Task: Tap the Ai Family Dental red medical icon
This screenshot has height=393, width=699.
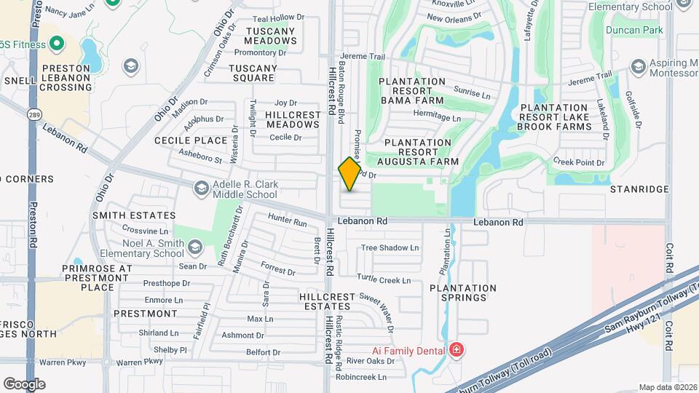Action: [457, 351]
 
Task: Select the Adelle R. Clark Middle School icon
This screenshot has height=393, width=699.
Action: [201, 189]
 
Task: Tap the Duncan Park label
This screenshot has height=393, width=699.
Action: [633, 30]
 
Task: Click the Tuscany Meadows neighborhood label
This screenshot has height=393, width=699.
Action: [271, 36]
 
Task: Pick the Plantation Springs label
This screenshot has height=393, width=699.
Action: [462, 293]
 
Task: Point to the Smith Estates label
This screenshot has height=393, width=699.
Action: [134, 215]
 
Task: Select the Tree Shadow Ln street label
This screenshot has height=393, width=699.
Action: [390, 247]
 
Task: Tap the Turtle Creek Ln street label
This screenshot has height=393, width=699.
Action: [384, 279]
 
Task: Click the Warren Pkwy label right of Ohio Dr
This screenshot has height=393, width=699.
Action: [139, 362]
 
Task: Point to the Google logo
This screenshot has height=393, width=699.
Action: [24, 384]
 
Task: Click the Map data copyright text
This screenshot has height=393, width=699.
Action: [668, 387]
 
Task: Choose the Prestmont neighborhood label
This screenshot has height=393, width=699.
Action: [145, 314]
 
